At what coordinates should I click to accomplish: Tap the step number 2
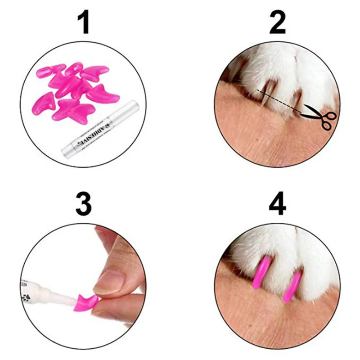(x=278, y=23)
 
